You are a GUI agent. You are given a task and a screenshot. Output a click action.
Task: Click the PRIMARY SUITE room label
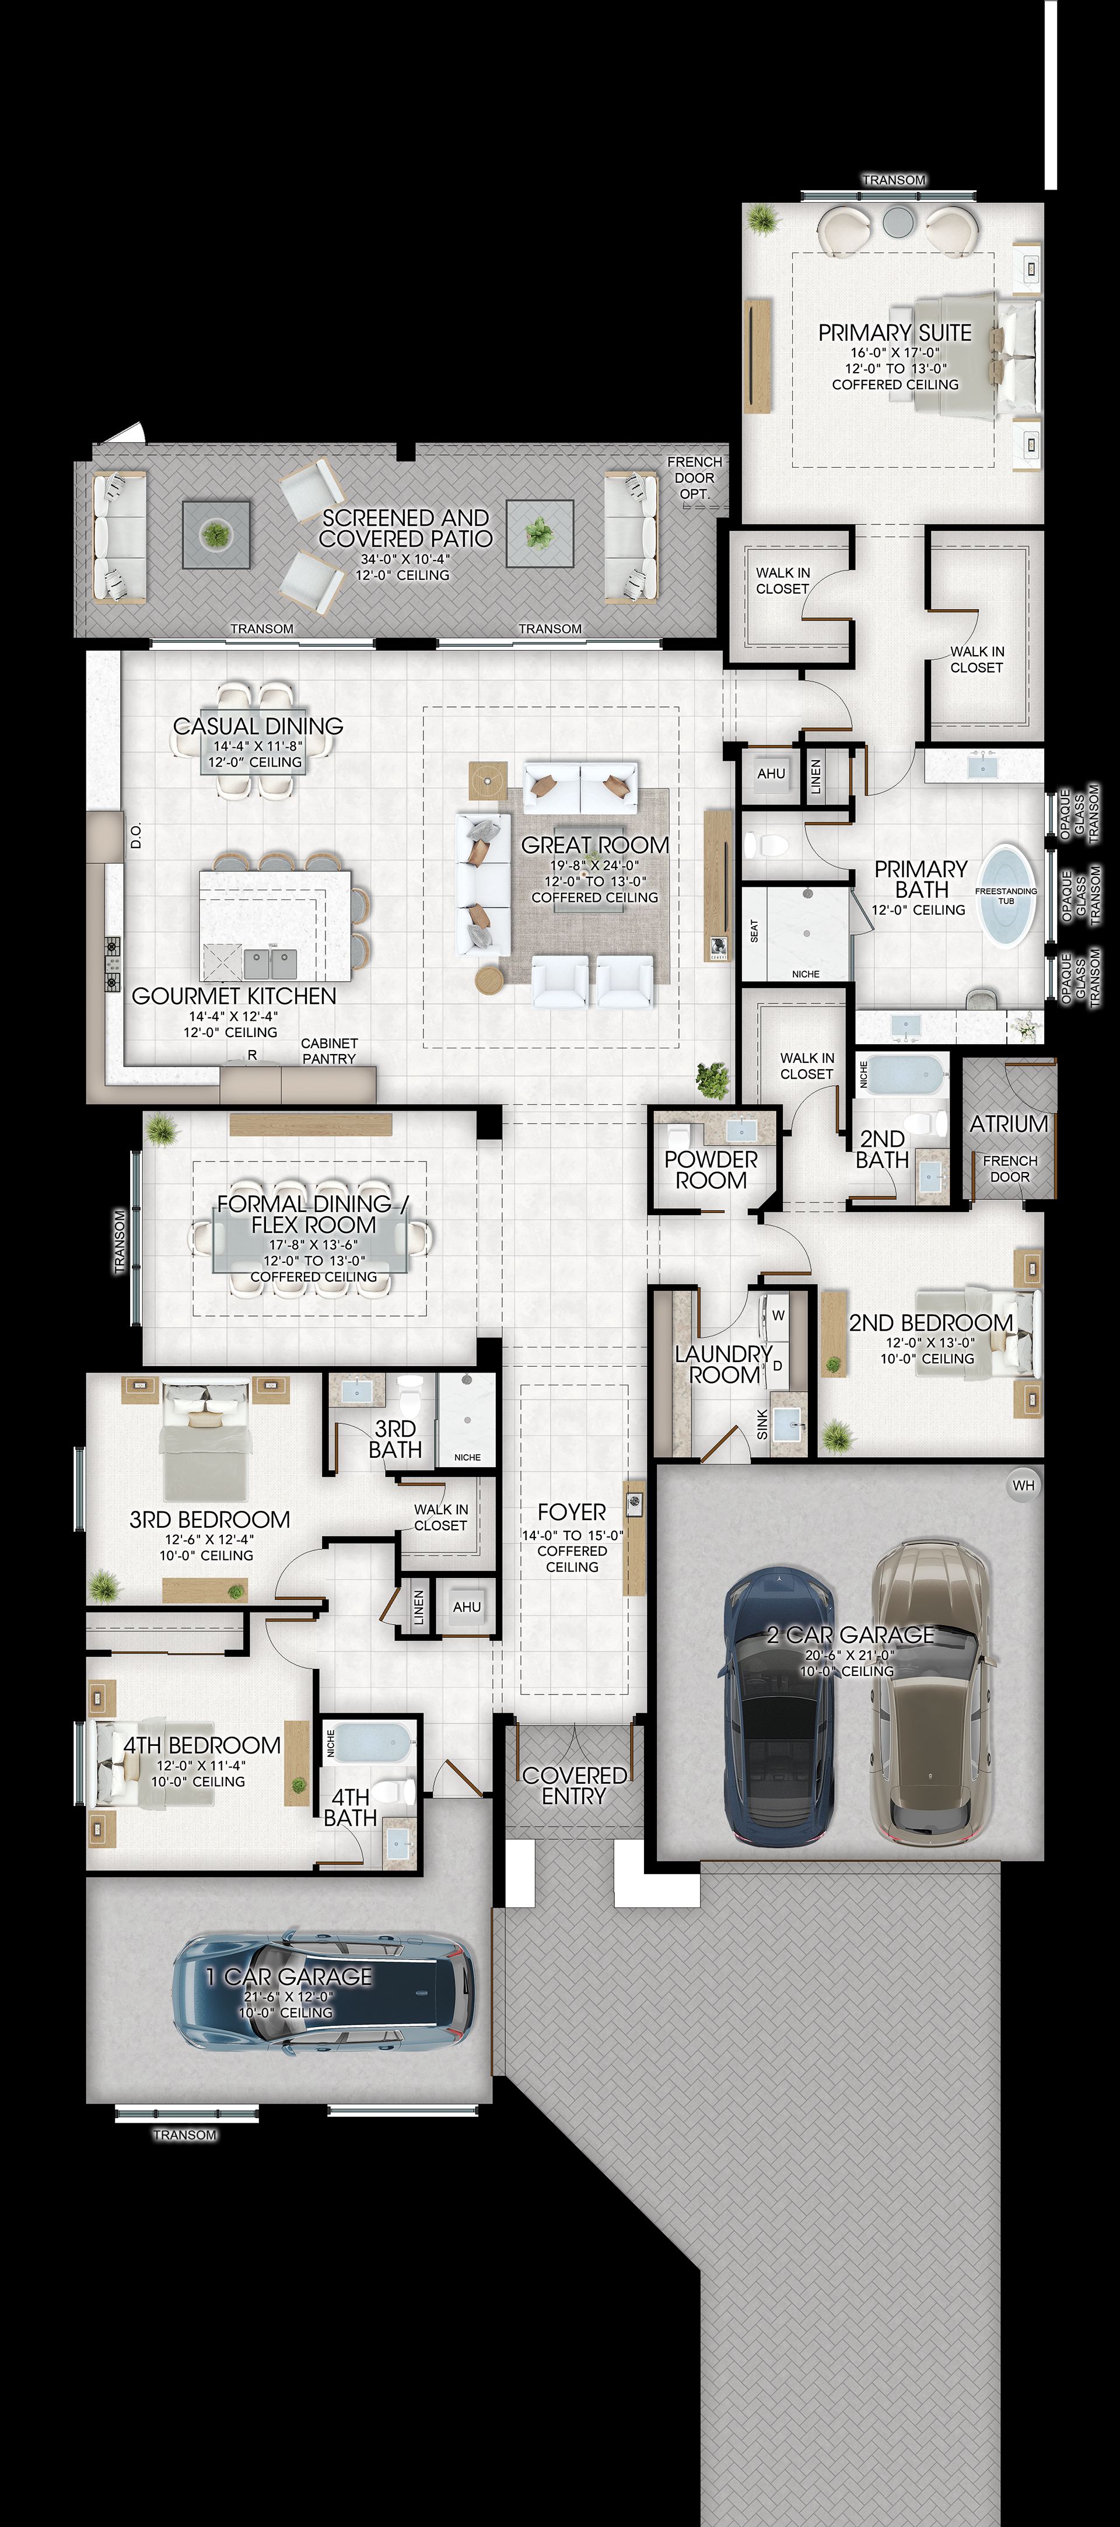click(x=894, y=334)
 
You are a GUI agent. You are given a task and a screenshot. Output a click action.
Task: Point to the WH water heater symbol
click(x=1023, y=1485)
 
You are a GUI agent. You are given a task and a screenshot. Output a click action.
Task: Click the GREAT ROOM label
click(x=596, y=845)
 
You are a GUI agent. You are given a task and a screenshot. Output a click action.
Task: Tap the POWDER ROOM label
click(x=711, y=1170)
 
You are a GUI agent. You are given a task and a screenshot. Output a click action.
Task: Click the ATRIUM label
click(x=1009, y=1124)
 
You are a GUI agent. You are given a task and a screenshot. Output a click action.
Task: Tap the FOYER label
click(x=572, y=1513)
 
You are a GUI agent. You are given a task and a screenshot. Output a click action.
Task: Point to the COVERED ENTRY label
click(x=575, y=1786)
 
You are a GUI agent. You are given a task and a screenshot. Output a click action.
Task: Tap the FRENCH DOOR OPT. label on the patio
click(x=694, y=478)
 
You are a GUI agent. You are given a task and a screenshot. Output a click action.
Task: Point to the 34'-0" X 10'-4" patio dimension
click(x=405, y=559)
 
